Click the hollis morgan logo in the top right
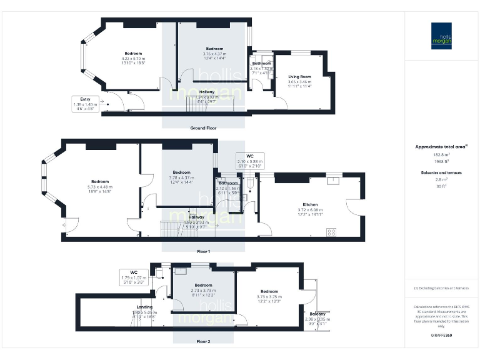pos(441,36)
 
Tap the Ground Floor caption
pos(203,128)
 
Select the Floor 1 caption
pos(203,251)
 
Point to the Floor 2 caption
pos(203,342)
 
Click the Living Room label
pos(299,77)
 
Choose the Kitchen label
pos(311,205)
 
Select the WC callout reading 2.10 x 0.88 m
pos(249,161)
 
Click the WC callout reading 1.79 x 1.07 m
pos(134,277)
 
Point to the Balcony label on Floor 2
pos(317,314)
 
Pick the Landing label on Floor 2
pos(144,307)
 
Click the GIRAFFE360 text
pos(441,336)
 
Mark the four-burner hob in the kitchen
pos(331,232)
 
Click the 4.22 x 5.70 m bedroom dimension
pos(133,59)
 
